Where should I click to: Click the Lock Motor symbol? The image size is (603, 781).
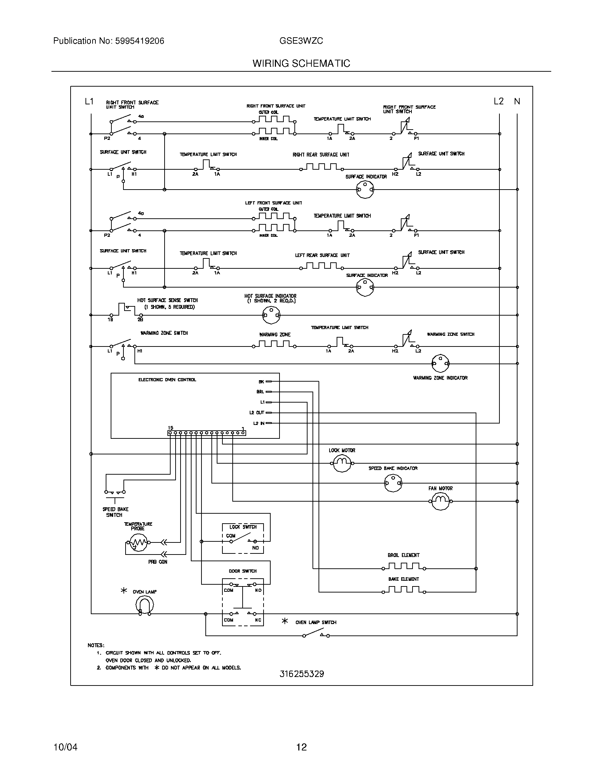click(342, 463)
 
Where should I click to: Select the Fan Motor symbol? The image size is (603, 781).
click(440, 501)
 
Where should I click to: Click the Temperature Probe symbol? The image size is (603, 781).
click(138, 543)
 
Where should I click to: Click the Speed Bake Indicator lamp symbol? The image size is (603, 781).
click(393, 483)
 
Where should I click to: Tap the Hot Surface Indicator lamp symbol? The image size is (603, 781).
click(271, 315)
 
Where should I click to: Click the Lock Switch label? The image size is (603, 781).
click(243, 527)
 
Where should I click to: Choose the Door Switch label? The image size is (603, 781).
click(243, 571)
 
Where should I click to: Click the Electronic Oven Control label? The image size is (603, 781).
click(167, 379)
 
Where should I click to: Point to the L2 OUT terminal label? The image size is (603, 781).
click(256, 412)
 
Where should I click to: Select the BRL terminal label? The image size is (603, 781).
click(260, 392)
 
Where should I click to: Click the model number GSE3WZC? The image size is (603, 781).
click(301, 41)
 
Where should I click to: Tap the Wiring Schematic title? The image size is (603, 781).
click(301, 63)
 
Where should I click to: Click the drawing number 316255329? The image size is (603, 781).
click(301, 674)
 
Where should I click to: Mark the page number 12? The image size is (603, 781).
click(301, 747)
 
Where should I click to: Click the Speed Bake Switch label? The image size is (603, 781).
click(115, 512)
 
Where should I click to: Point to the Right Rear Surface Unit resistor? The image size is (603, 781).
click(321, 167)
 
